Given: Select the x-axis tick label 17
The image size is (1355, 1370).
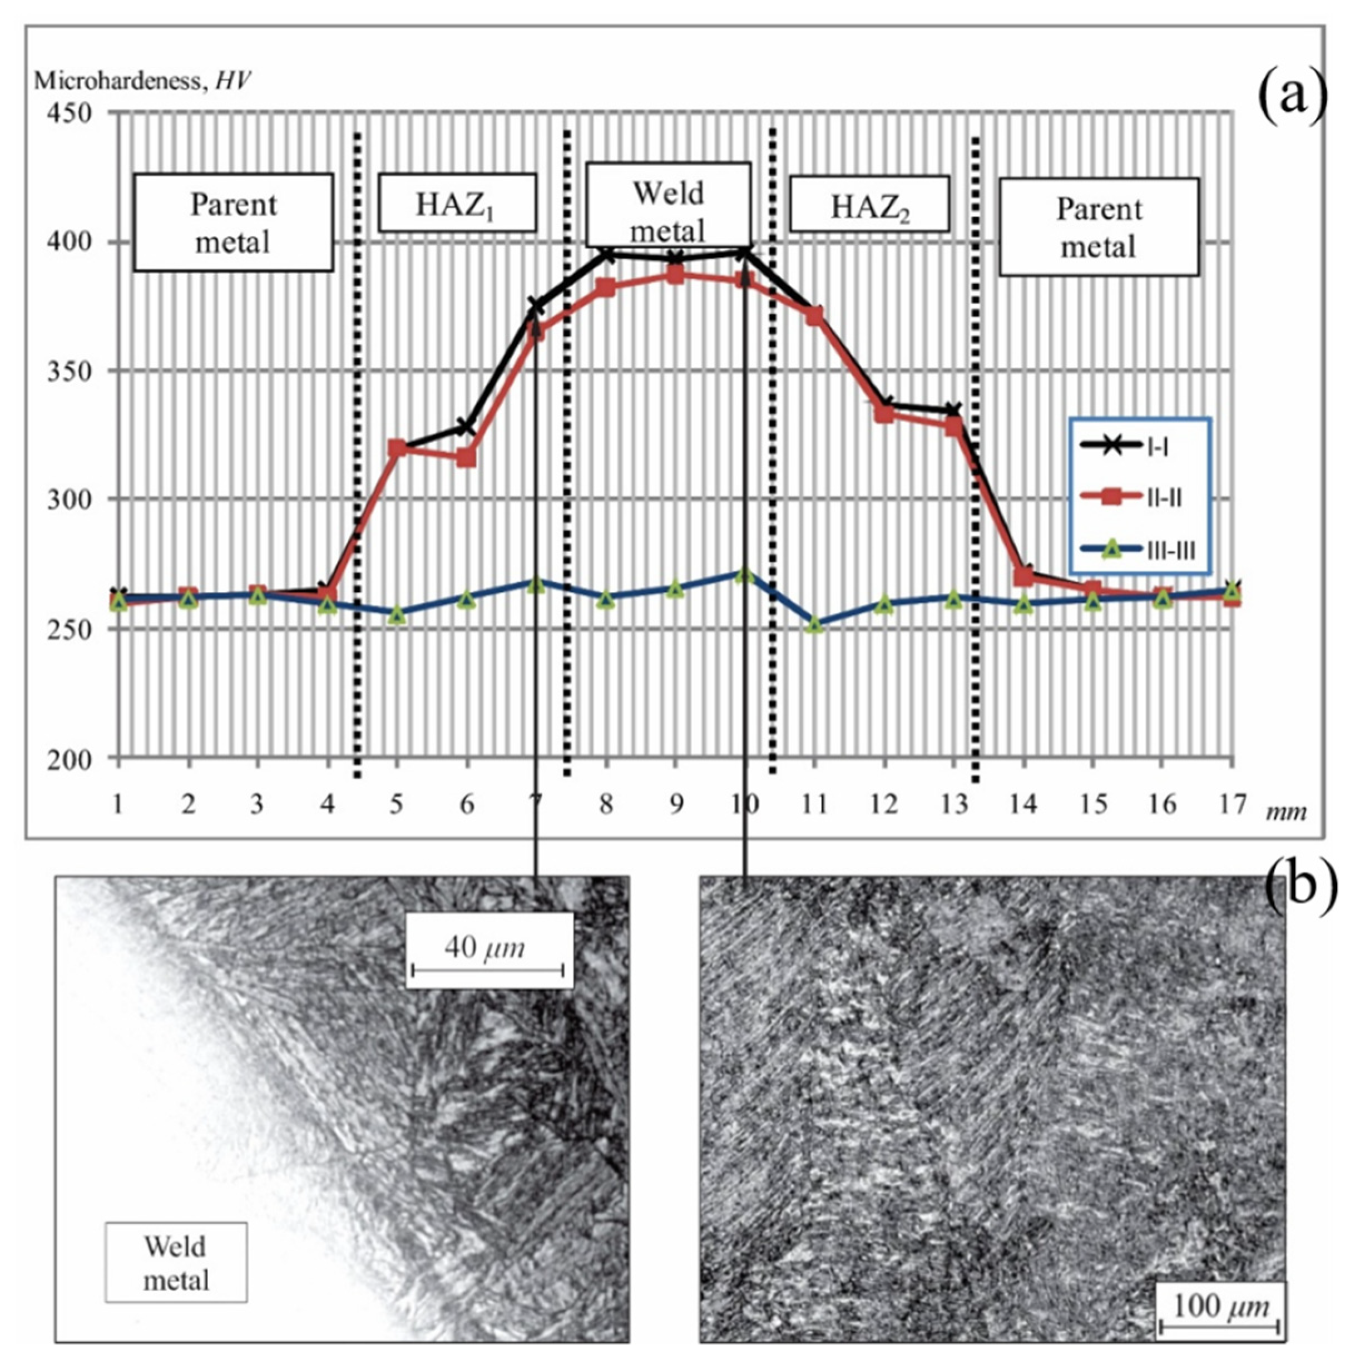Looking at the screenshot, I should [x=1232, y=804].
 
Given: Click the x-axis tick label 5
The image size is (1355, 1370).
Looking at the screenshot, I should [x=397, y=804].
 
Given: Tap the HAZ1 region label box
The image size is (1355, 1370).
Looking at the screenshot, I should [x=457, y=203].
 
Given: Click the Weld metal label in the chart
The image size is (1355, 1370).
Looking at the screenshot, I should [x=668, y=211].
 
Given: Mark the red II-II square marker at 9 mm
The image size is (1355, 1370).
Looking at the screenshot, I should [x=675, y=274].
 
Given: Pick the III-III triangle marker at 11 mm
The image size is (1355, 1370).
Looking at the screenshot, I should [x=815, y=625].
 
